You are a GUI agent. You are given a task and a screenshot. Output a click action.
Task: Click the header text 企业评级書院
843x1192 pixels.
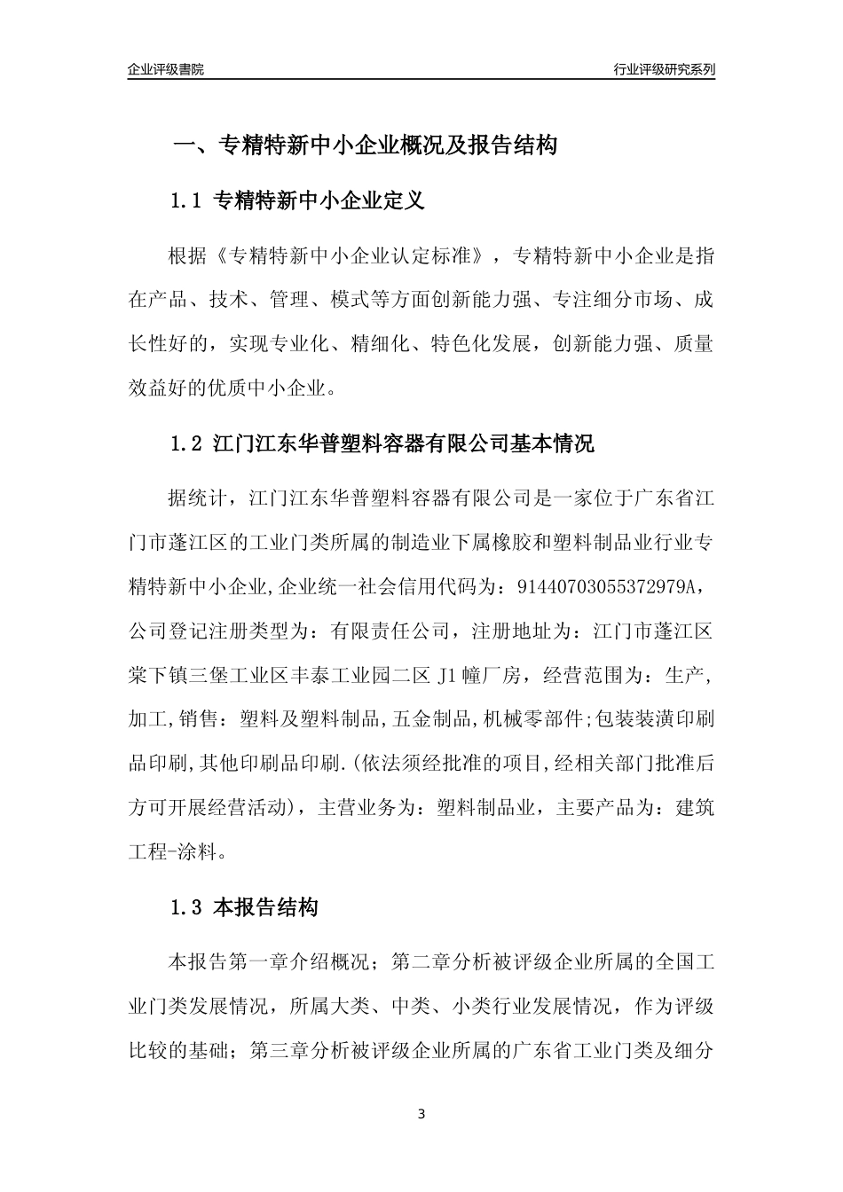[165, 69]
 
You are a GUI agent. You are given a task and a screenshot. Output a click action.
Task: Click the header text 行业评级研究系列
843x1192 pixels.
[664, 69]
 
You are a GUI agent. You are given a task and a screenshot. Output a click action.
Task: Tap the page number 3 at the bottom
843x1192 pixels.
[421, 1114]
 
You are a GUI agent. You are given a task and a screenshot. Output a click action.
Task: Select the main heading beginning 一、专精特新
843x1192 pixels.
[364, 146]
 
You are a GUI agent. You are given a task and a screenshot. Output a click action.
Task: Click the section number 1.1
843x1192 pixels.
[188, 201]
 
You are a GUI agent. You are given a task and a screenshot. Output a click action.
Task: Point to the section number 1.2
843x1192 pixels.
[188, 443]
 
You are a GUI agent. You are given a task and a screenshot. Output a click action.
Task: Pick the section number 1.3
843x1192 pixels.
[188, 908]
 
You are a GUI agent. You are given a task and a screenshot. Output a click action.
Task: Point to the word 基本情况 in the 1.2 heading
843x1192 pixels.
[553, 443]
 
